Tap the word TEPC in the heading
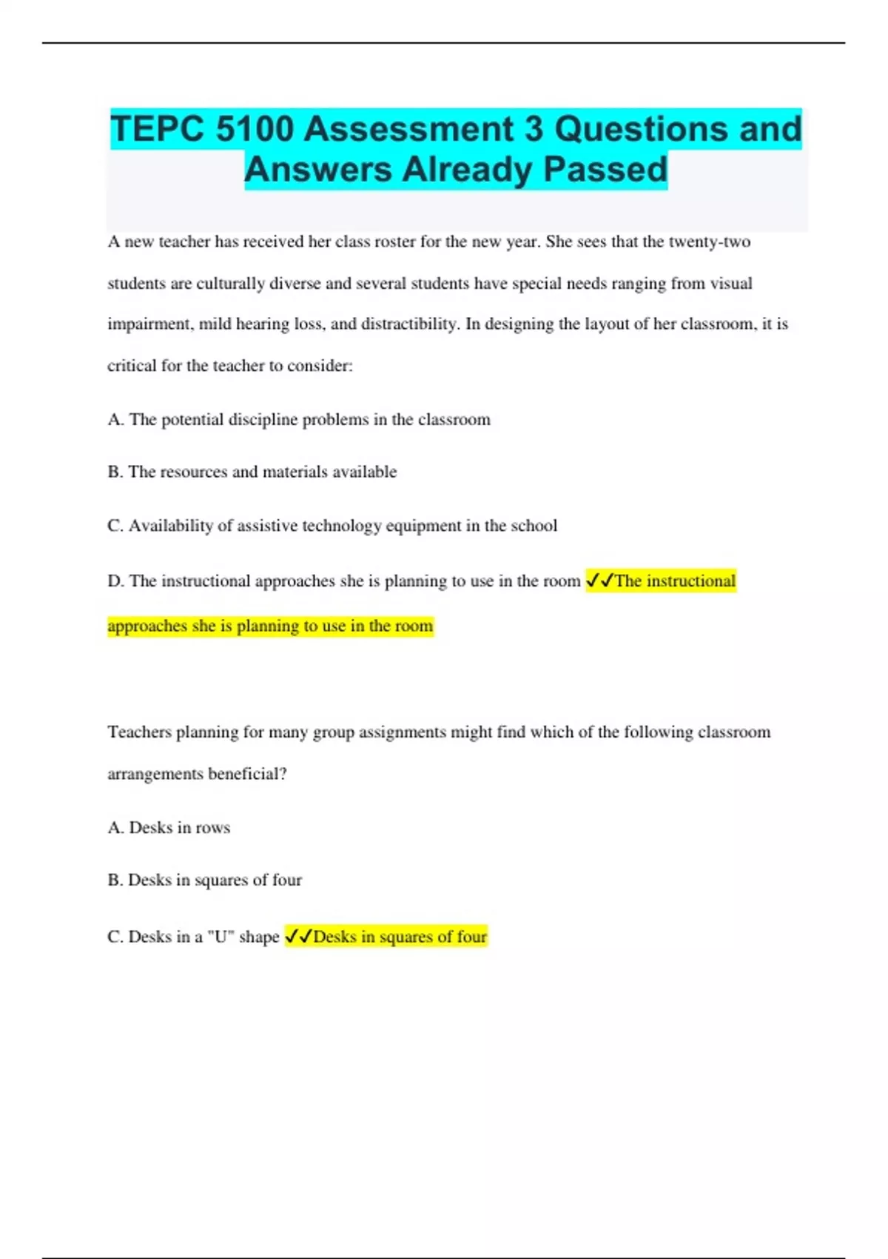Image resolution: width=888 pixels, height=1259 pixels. point(158,130)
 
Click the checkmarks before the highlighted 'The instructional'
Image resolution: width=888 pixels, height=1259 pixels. point(599,581)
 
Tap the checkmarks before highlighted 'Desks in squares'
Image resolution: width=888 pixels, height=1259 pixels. point(298,937)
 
